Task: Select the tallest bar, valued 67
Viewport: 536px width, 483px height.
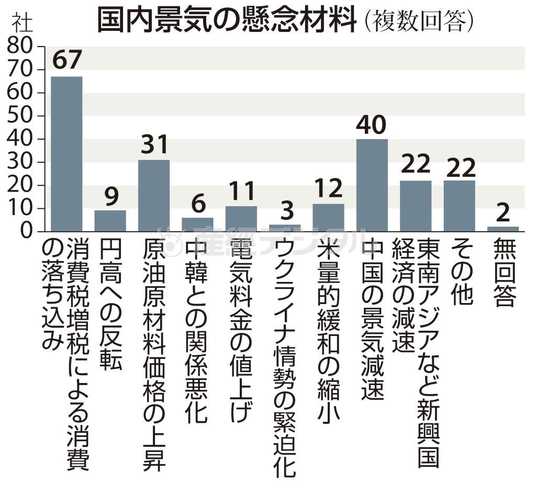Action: point(66,154)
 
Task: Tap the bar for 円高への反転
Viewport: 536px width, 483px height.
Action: point(110,220)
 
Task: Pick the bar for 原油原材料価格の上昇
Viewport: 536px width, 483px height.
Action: point(154,195)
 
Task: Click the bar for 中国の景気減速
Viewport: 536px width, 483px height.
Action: point(372,185)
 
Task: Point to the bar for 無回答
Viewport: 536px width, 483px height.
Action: point(503,229)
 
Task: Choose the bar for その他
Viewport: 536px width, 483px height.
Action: point(460,206)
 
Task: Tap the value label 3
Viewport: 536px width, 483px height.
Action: point(285,210)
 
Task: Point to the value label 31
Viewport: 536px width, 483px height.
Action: point(154,145)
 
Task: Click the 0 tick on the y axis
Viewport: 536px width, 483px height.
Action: point(29,231)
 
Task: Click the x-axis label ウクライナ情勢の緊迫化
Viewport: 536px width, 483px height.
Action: point(285,356)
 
